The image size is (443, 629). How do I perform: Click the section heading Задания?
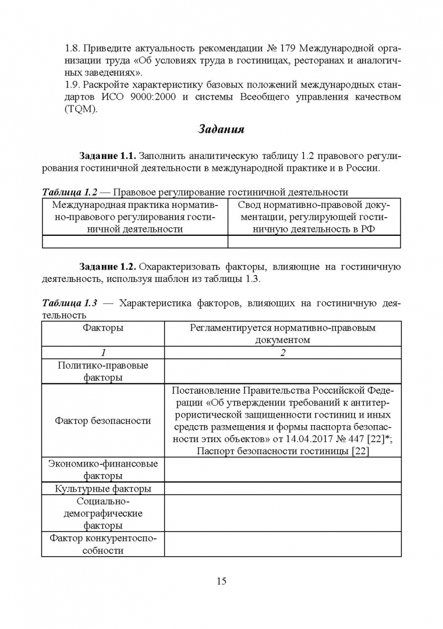coord(221,129)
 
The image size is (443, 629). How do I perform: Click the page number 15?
coord(221,581)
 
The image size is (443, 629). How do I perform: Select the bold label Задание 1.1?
coord(108,157)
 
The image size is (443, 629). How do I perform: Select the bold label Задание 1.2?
coord(108,267)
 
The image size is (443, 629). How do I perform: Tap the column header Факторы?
coord(103,328)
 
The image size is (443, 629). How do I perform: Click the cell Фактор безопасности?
coord(103,420)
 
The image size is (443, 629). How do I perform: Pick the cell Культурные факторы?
coord(103,489)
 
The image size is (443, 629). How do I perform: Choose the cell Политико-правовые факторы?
coord(103,371)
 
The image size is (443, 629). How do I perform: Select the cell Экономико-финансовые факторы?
coord(103,469)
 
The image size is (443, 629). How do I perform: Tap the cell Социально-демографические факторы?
coord(103,513)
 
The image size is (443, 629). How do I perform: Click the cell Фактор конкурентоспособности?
coord(103,544)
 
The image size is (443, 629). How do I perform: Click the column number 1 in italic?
coord(103,352)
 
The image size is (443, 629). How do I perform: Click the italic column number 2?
coord(282,352)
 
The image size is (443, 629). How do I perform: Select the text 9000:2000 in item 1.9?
coord(150,97)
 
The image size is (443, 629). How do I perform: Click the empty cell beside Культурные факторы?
coord(282,489)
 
